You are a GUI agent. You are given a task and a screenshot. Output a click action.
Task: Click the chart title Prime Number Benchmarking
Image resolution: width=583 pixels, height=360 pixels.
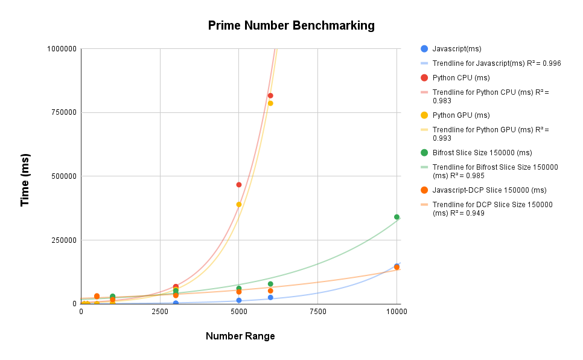(291, 25)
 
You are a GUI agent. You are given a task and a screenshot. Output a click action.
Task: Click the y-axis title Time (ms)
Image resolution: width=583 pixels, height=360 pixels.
(25, 180)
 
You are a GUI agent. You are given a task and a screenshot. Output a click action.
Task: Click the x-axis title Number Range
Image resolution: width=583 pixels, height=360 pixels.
(240, 336)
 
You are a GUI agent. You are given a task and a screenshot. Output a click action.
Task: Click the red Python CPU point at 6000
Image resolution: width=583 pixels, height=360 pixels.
(270, 95)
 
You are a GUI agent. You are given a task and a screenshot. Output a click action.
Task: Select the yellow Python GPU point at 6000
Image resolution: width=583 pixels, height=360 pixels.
(270, 103)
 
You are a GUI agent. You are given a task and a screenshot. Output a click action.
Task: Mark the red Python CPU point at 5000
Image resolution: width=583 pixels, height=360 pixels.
(239, 185)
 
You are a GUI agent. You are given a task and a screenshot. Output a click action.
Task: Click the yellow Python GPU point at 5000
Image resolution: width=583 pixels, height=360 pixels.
(239, 205)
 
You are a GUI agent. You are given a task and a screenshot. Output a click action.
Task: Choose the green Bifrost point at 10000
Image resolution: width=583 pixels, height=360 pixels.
(397, 217)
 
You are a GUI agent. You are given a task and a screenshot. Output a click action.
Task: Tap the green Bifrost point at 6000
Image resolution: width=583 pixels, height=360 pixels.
(270, 284)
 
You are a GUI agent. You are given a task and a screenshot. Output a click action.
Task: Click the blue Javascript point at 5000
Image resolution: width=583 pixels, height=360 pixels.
(239, 300)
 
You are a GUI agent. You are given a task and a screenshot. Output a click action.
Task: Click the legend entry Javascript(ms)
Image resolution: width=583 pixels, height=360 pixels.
(456, 48)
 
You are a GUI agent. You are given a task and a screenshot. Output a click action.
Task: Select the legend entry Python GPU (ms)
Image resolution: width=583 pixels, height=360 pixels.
(460, 115)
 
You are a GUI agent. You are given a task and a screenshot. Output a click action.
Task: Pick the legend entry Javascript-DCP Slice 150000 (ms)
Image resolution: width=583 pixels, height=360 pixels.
(489, 190)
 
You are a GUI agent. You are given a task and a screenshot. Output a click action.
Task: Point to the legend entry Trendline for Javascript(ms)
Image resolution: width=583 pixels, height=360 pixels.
(497, 63)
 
